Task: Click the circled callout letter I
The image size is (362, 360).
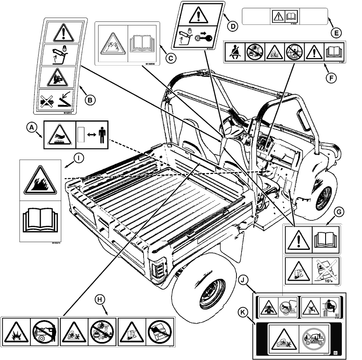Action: (78, 158)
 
